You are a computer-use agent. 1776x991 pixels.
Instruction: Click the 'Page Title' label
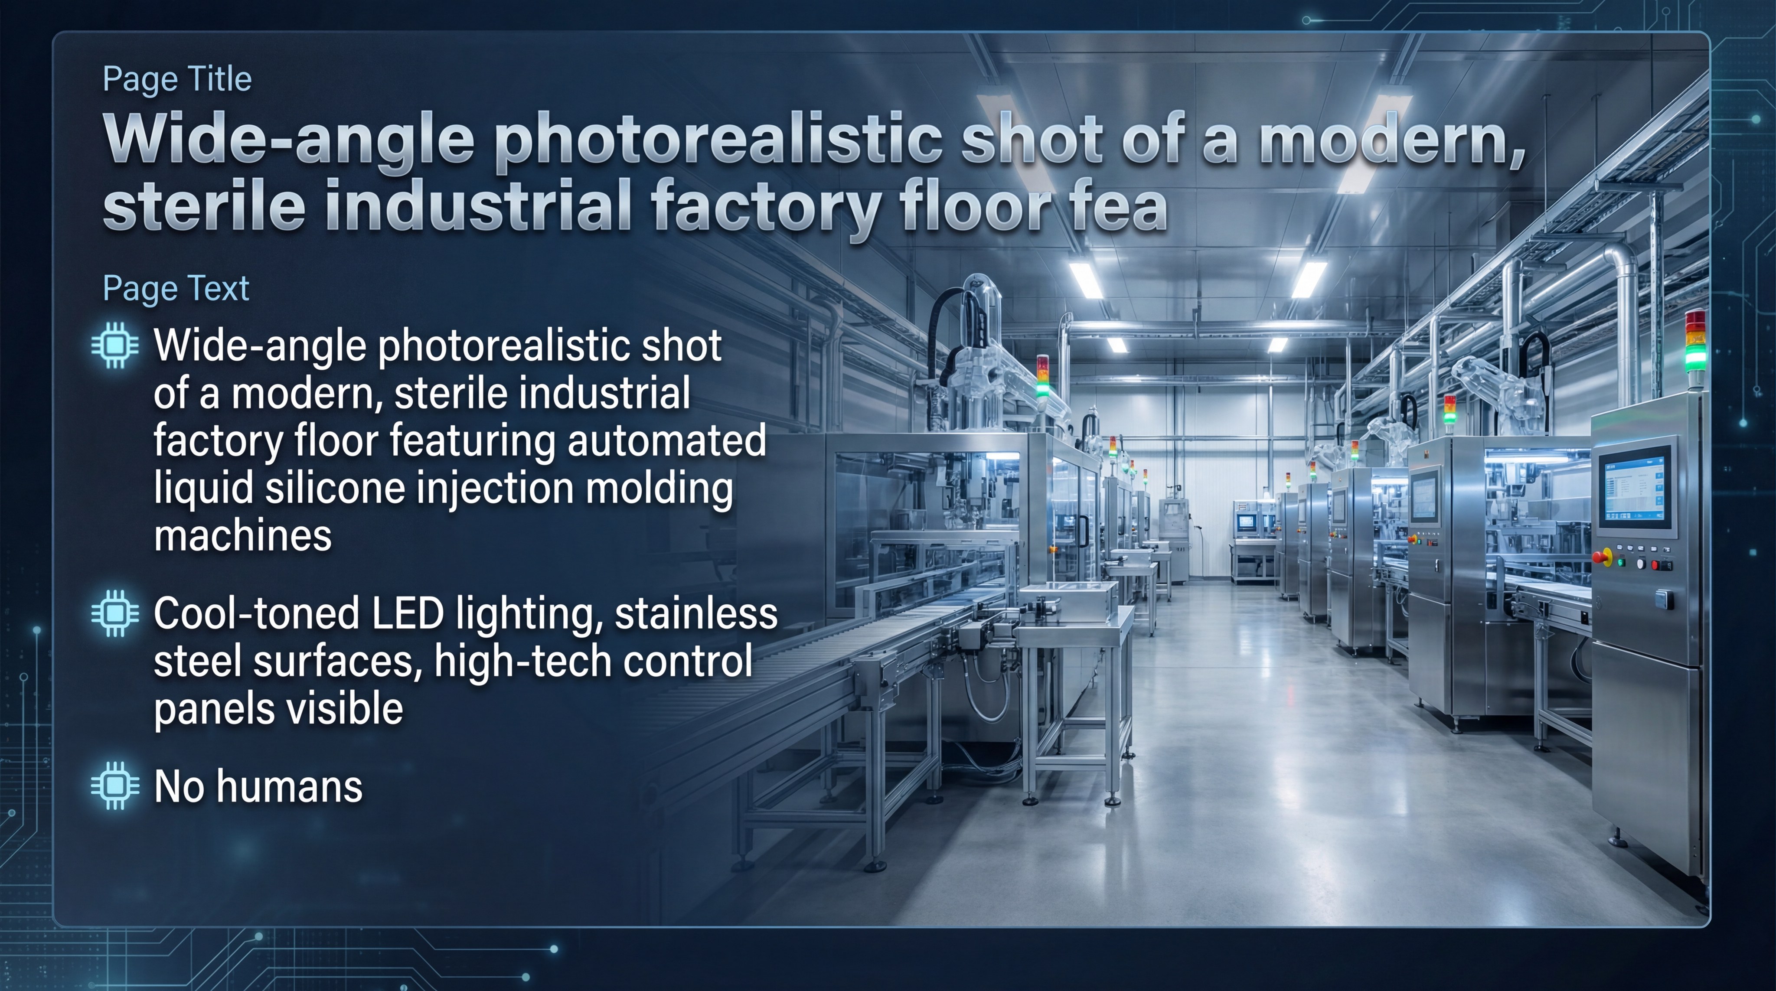(176, 79)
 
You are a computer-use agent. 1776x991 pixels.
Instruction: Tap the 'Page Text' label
(175, 288)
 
